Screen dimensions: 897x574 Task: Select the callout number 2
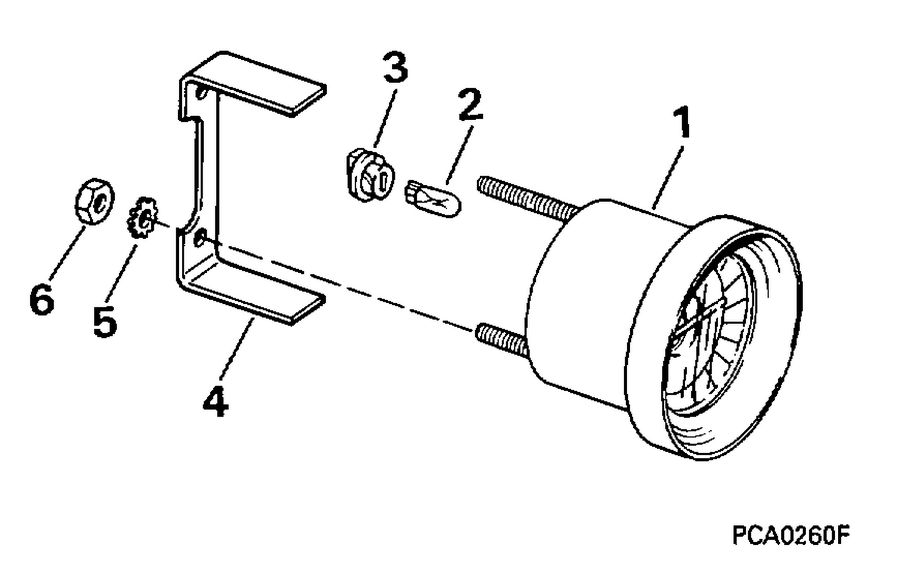(x=471, y=104)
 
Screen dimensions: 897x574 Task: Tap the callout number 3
(x=395, y=67)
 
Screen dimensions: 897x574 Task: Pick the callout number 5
(x=105, y=320)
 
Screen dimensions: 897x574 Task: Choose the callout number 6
(x=42, y=299)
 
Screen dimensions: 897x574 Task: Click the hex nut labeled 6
(x=94, y=201)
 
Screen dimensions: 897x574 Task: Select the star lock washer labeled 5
(x=142, y=218)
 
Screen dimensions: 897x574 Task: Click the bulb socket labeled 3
(x=370, y=175)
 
